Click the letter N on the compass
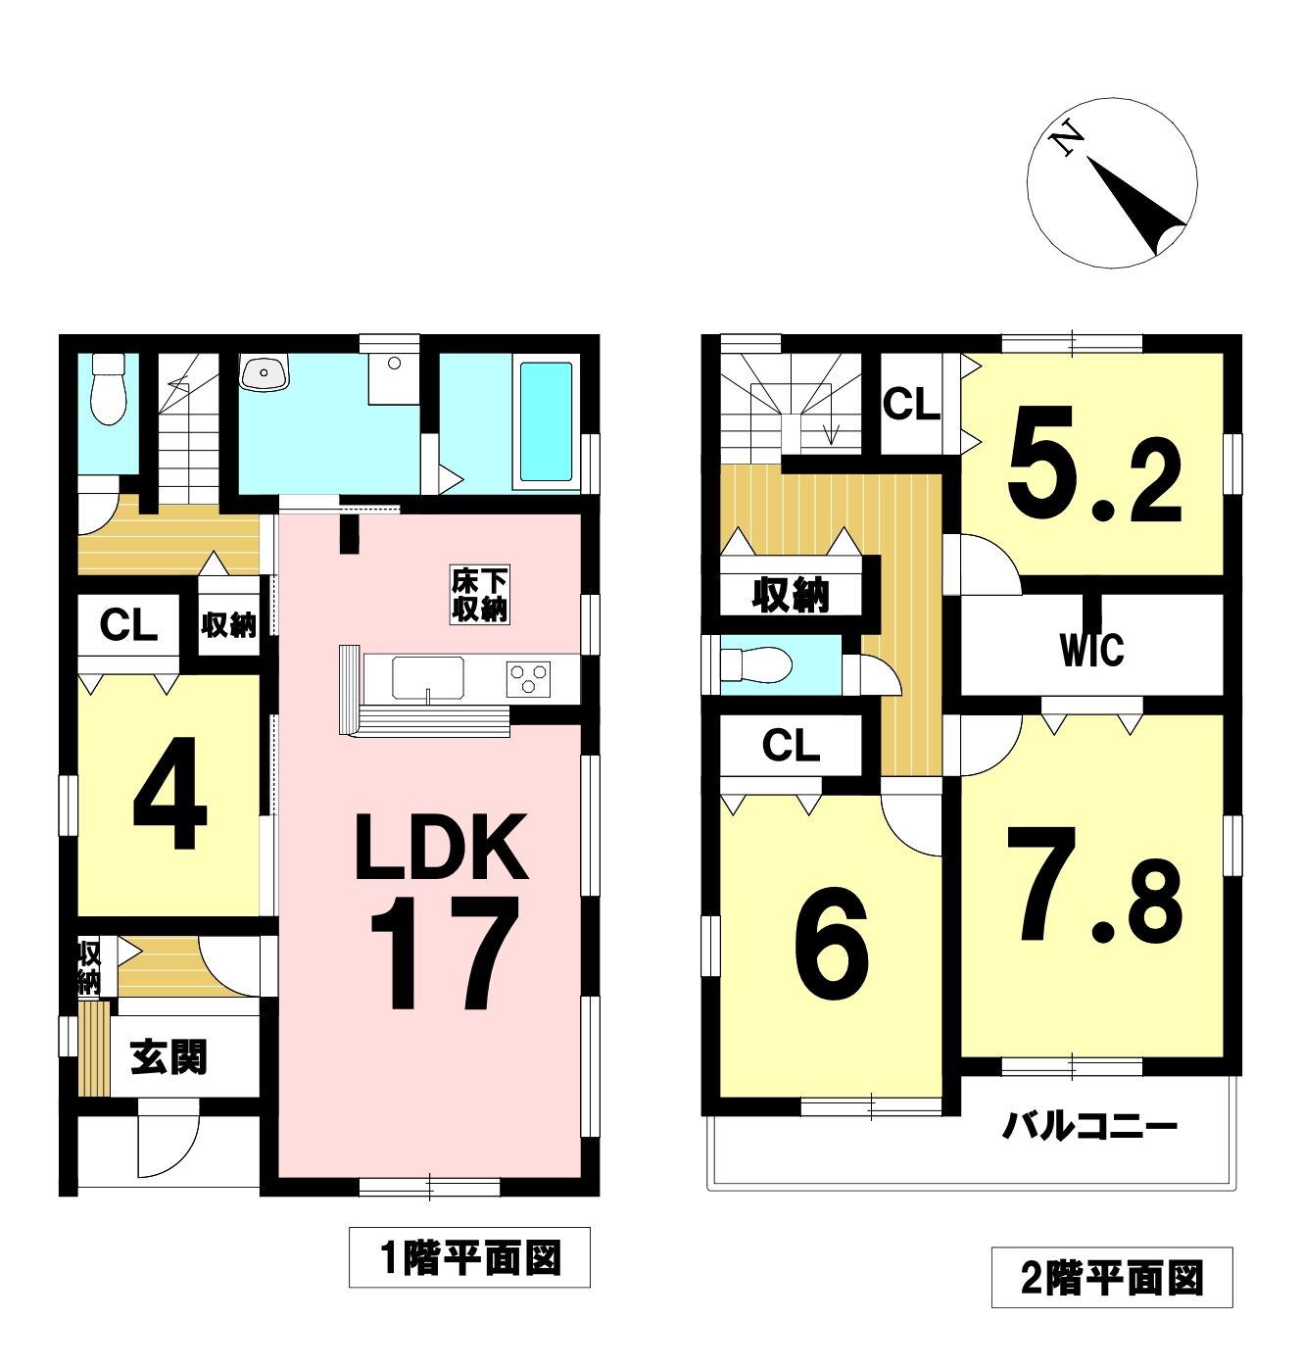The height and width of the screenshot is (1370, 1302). [1067, 143]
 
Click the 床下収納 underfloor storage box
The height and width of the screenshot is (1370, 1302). [480, 594]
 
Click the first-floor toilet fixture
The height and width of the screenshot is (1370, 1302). [108, 389]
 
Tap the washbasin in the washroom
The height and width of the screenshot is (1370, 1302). [265, 372]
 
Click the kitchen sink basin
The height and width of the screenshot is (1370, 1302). [428, 677]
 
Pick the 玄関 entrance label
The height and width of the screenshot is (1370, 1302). [169, 1057]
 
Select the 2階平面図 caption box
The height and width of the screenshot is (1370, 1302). [1112, 1280]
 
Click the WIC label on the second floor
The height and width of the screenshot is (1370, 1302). [1091, 650]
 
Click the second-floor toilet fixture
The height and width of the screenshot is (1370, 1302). [756, 664]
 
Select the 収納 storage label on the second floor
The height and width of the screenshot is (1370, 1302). [790, 595]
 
